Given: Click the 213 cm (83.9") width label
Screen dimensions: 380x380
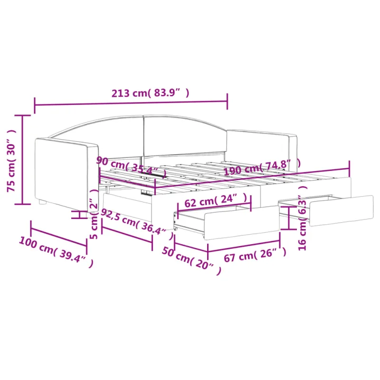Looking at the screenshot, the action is point(150,93).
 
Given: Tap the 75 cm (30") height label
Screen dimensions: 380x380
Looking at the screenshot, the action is point(11,161).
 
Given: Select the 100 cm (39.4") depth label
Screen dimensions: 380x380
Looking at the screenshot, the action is point(56,252).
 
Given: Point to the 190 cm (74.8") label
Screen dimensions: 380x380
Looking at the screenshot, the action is point(262,167).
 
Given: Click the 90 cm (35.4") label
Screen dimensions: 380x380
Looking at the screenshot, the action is point(132,167).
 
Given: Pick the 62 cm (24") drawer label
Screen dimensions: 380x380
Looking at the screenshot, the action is point(216,200).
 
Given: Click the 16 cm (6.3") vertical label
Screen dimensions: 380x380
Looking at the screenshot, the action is point(303,218).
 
